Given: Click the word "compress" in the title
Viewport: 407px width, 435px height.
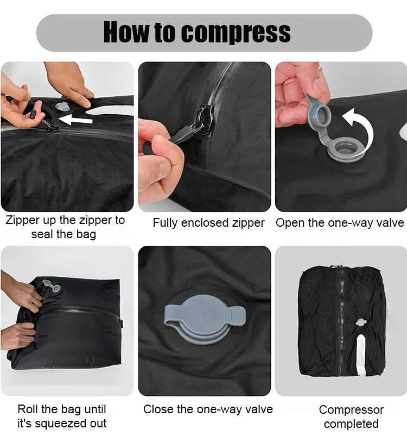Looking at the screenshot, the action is [236, 33].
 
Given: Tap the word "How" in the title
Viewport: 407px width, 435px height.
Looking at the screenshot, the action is [126, 32].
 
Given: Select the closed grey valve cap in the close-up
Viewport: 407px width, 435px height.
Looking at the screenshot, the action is [205, 319].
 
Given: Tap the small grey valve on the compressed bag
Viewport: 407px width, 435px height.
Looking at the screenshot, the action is [361, 322].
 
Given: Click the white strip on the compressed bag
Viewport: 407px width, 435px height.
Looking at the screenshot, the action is [361, 355].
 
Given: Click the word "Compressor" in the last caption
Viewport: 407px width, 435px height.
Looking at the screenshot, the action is [351, 410].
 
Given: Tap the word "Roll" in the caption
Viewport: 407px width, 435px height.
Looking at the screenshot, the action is [26, 409].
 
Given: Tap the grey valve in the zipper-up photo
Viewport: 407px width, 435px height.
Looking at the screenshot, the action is [63, 107].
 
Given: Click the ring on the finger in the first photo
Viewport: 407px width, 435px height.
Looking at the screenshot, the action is [87, 92].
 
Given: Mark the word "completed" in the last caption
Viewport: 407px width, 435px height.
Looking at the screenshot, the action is [351, 424].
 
